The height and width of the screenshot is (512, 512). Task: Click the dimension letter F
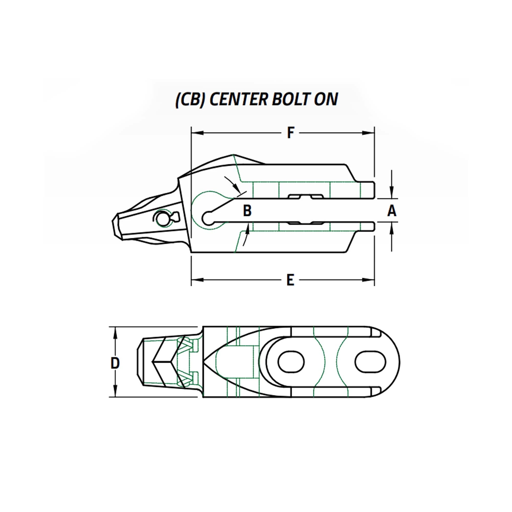[x=291, y=133]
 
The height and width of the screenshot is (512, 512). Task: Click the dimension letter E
[x=291, y=280]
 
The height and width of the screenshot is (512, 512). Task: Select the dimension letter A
[x=392, y=211]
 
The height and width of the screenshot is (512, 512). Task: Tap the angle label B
[x=247, y=211]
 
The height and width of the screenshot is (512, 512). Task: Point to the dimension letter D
[x=115, y=363]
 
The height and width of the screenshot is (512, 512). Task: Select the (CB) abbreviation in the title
[x=190, y=100]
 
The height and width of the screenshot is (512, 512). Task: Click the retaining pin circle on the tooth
[x=161, y=219]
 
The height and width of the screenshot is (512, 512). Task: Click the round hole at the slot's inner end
[x=208, y=218]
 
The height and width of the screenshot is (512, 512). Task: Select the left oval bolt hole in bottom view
[x=291, y=362]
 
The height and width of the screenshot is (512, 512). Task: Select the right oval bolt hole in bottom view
[x=370, y=362]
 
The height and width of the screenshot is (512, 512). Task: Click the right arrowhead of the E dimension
[x=369, y=280]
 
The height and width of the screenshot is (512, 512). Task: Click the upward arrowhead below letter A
[x=392, y=229]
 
